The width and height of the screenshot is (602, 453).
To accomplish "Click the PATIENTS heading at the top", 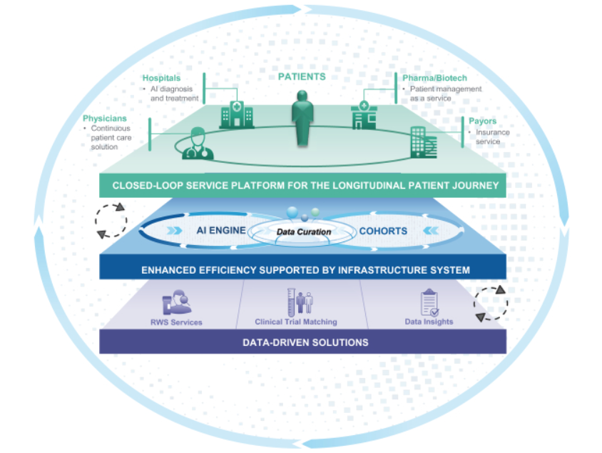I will pos(302,76).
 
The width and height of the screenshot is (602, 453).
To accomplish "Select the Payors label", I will pos(482,121).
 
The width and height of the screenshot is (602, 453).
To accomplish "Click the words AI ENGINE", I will pos(220,230).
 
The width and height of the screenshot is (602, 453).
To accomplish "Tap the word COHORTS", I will pos(383,230).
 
